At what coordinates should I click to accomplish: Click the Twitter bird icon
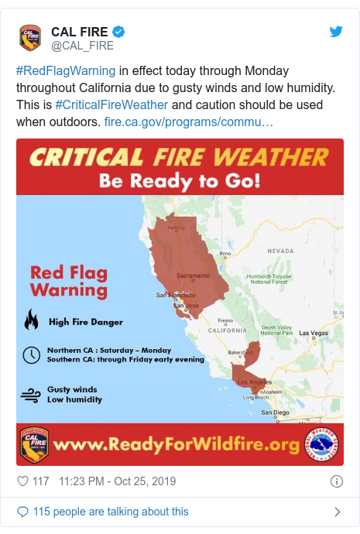[336, 32]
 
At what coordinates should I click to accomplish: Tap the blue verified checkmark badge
[119, 32]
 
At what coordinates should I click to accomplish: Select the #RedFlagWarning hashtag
[65, 71]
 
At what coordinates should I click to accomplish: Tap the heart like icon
[22, 481]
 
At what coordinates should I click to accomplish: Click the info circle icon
[336, 481]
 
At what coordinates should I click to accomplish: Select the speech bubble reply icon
[22, 512]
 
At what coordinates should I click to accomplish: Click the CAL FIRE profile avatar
[30, 38]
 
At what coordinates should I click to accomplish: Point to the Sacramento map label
[193, 276]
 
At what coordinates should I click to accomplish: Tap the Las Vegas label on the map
[314, 334]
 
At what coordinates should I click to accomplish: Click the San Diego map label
[275, 412]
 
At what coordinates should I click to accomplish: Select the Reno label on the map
[225, 253]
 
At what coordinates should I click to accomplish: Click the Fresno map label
[226, 320]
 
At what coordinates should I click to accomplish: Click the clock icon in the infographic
[31, 354]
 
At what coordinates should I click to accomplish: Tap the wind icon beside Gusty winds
[31, 395]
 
